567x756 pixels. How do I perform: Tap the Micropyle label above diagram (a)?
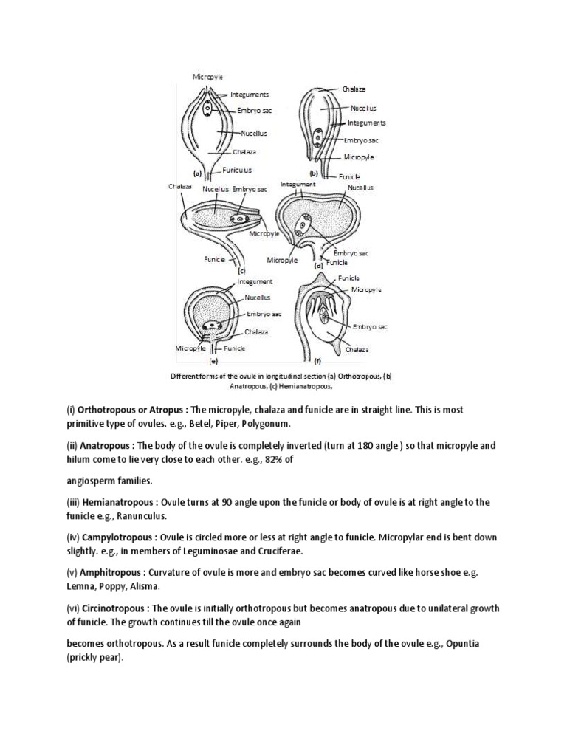pyautogui.click(x=207, y=76)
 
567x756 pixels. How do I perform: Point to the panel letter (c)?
pyautogui.click(x=241, y=271)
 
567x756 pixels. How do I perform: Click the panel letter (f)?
pyautogui.click(x=317, y=362)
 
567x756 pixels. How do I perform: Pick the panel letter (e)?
pyautogui.click(x=213, y=362)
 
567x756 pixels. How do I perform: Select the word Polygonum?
pyautogui.click(x=264, y=424)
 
